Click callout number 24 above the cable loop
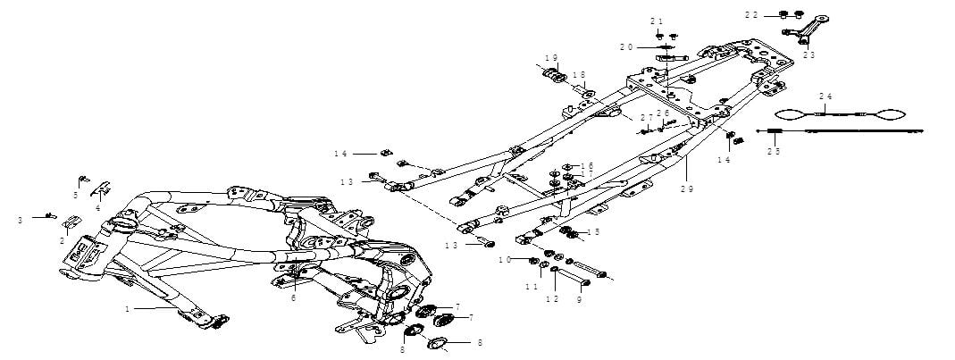coord(825,96)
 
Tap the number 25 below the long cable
coord(774,152)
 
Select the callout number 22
coord(753,15)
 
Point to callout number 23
coord(808,55)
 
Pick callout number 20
coord(626,47)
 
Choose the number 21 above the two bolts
coord(657,21)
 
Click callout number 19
coord(550,58)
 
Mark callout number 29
coord(686,189)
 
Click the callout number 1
coord(127,309)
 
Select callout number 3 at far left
coord(21,219)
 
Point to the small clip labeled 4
coord(103,189)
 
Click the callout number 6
coord(293,298)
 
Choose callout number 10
coord(505,259)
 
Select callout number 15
coord(592,231)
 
